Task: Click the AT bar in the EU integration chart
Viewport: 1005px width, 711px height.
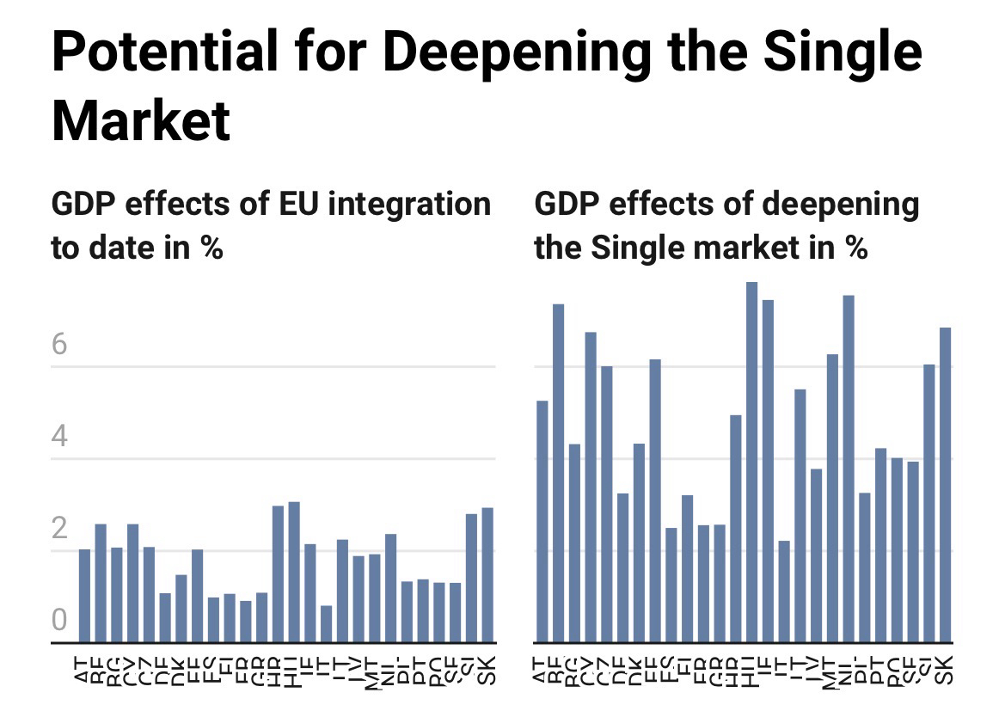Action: [x=84, y=595]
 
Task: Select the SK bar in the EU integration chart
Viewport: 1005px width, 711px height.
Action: [x=487, y=574]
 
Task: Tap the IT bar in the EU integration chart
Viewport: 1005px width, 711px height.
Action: [x=326, y=623]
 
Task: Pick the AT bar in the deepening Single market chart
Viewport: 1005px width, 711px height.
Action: [x=542, y=521]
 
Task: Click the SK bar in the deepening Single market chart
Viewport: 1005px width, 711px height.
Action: [x=945, y=484]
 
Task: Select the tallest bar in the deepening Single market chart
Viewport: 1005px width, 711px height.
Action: [x=751, y=462]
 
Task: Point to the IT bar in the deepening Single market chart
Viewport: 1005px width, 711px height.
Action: [x=783, y=591]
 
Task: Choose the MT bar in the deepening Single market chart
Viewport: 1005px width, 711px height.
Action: [x=831, y=498]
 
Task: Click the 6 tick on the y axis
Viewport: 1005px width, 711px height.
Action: [x=59, y=345]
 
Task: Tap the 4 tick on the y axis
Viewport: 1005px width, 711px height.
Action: [x=59, y=437]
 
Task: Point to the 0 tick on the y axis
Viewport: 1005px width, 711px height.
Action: [x=59, y=619]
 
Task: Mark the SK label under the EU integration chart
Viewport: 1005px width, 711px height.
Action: [x=487, y=669]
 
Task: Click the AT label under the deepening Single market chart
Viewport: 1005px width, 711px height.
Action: [x=542, y=669]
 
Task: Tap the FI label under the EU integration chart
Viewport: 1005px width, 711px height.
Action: [x=230, y=669]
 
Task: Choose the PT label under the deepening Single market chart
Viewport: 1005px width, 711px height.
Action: [x=880, y=669]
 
